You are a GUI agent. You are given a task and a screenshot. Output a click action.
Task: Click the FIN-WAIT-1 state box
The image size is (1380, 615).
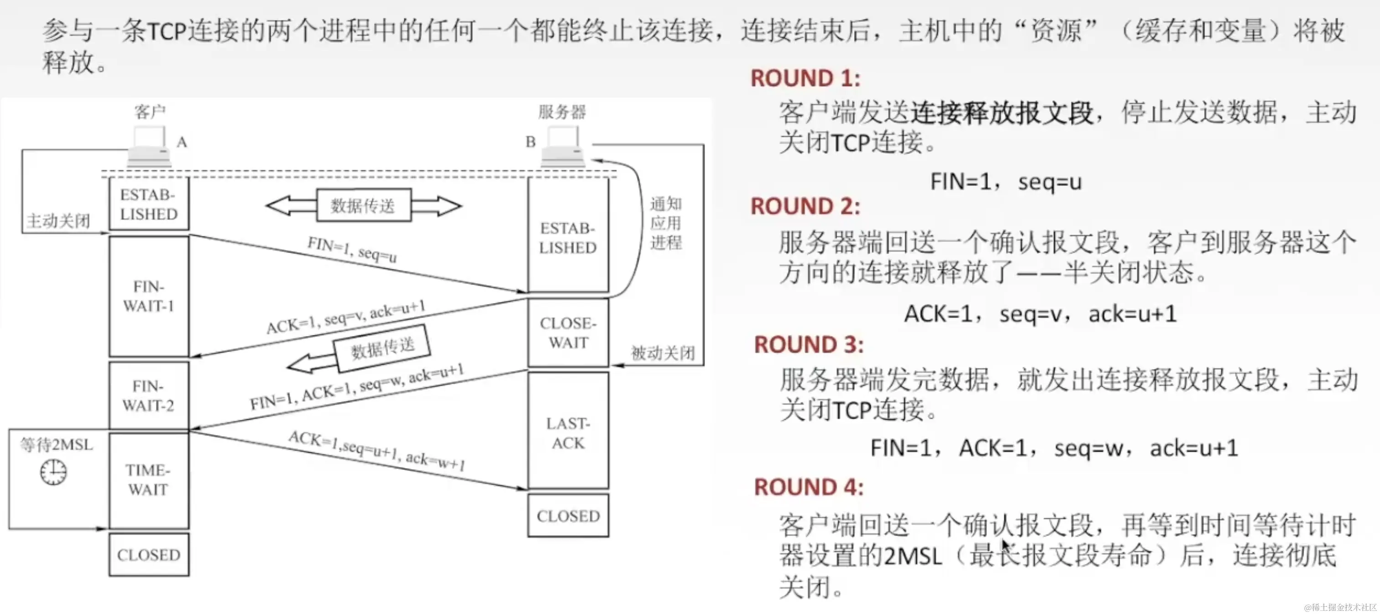[x=149, y=296]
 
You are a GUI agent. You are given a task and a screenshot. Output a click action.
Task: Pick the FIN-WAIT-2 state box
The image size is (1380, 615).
[x=149, y=396]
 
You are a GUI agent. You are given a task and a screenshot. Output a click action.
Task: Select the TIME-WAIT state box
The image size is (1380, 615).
[x=148, y=480]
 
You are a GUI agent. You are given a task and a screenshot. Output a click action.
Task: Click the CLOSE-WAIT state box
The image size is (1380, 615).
[x=568, y=333]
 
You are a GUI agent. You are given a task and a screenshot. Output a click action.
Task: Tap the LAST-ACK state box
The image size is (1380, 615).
[x=568, y=433]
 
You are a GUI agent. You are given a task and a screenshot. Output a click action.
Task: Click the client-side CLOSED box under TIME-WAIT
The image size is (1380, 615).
[x=149, y=554]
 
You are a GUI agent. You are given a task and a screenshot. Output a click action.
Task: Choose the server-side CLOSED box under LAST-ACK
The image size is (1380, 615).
[x=568, y=516]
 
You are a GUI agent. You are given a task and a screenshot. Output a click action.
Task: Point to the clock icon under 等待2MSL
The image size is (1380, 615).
[x=53, y=473]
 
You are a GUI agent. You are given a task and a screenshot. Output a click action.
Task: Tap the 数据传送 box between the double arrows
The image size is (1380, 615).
[x=363, y=205]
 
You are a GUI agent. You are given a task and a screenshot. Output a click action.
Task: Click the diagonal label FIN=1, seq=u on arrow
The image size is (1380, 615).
[x=352, y=250]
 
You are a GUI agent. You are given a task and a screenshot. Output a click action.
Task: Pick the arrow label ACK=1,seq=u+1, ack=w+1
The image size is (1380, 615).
[x=376, y=450]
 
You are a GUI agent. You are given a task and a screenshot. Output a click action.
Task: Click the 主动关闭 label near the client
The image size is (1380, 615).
[x=58, y=221]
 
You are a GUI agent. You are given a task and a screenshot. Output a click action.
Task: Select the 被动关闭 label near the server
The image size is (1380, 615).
[x=663, y=353]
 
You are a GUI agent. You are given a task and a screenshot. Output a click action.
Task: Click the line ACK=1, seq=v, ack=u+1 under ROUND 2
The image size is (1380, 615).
[x=1040, y=314]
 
